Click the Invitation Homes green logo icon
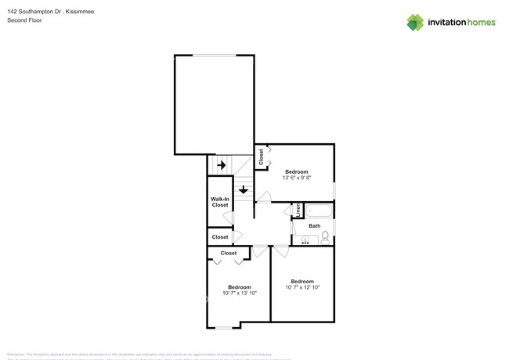[x=416, y=22]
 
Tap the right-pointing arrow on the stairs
[x=222, y=165]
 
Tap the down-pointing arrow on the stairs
[x=244, y=189]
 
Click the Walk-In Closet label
[x=220, y=202]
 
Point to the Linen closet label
[x=298, y=211]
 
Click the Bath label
[x=314, y=226]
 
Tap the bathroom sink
[x=305, y=240]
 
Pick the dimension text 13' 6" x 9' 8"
[x=296, y=178]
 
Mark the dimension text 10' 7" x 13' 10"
[x=240, y=293]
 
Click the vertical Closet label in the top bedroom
[x=262, y=156]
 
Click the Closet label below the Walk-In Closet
[x=220, y=236]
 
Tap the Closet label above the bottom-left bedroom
[x=229, y=254]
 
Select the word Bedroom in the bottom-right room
[x=302, y=281]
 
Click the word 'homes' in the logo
[x=479, y=22]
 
